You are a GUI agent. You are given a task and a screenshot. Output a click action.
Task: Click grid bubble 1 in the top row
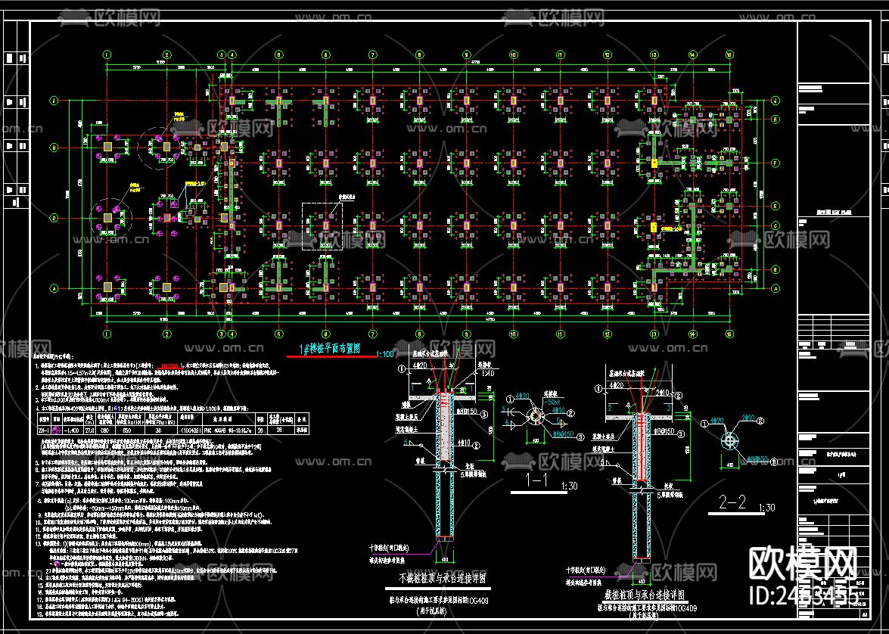pos(107,54)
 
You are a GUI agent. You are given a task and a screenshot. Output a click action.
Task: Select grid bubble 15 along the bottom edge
pos(729,333)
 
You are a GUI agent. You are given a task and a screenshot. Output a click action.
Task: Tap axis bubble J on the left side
pos(54,100)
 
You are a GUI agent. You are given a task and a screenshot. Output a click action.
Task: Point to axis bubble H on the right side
pos(776,120)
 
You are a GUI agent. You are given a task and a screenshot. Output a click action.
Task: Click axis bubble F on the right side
pos(776,163)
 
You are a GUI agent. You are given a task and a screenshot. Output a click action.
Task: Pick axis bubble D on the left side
pos(54,219)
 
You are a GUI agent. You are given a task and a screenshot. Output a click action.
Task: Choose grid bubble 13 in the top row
pos(652,54)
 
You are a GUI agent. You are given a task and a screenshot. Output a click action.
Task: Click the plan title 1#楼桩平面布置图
pos(331,348)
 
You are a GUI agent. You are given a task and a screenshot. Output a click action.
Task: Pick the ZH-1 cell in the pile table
pos(44,429)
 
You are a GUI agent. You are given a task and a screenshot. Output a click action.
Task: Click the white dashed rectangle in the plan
pos(322,225)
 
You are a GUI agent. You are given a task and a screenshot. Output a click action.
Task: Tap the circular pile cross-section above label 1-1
pos(535,416)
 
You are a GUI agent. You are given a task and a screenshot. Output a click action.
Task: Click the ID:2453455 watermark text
pos(803,595)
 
